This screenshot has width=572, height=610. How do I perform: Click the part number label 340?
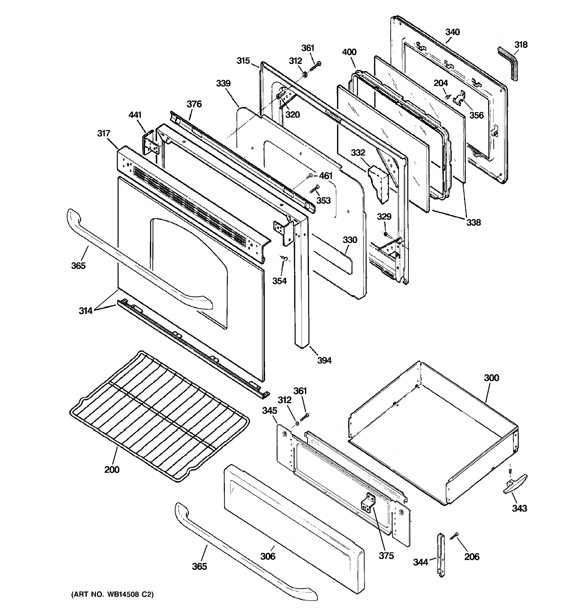(x=452, y=32)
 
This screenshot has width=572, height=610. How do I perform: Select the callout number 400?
(x=349, y=52)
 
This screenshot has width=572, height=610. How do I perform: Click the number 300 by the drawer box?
(x=491, y=378)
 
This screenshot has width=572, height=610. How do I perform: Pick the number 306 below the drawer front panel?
(x=268, y=556)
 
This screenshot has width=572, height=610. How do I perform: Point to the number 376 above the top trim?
(x=194, y=104)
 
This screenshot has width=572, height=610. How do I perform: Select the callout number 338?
(x=474, y=222)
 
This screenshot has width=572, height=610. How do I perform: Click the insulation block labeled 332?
(x=379, y=184)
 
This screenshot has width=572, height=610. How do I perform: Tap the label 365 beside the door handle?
(x=78, y=266)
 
